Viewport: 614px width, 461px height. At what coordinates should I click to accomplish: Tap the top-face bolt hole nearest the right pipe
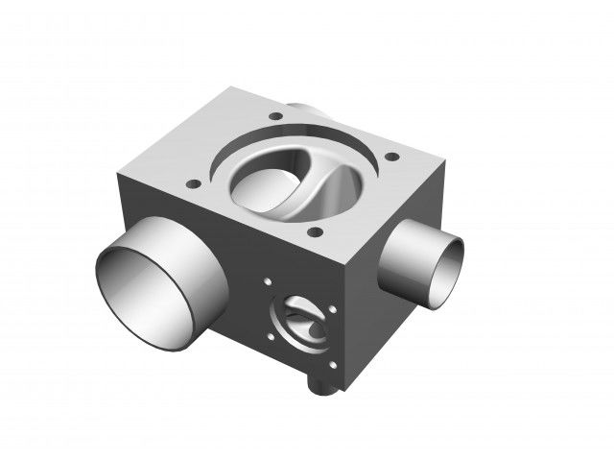[391, 157]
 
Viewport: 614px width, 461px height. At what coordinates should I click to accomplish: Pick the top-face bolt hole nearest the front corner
[312, 231]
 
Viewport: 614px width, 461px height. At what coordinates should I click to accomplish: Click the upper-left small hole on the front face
[269, 283]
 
